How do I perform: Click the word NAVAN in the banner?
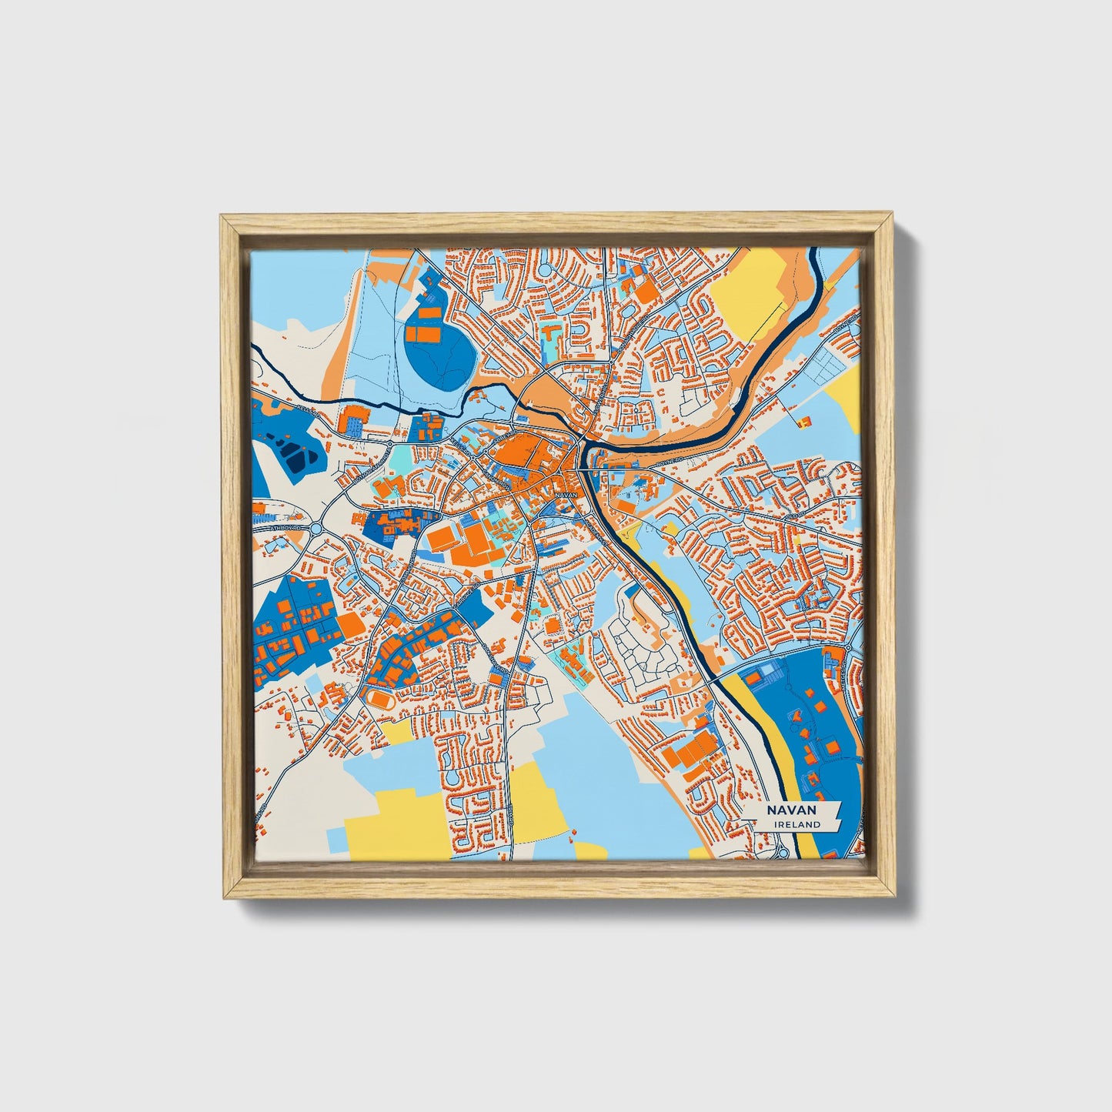click(x=790, y=810)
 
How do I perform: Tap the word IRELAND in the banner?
click(x=798, y=824)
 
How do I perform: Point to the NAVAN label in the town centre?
click(x=565, y=495)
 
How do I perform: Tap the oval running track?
click(x=380, y=698)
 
